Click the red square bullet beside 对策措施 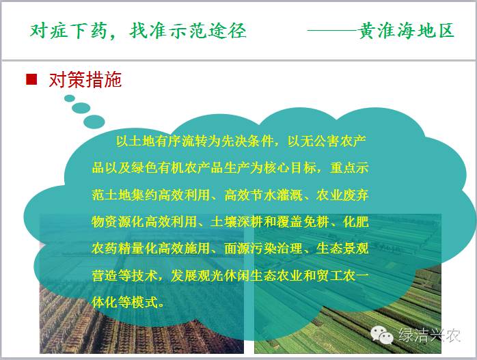(x=31, y=79)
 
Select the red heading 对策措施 (x=85, y=80)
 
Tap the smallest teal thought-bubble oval (x=70, y=98)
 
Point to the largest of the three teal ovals (x=94, y=122)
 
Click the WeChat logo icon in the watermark (x=382, y=335)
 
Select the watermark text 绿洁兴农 (x=429, y=335)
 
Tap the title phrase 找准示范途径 (x=188, y=31)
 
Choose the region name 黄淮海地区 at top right (x=406, y=31)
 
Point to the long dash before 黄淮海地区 (x=333, y=31)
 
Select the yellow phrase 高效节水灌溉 (x=264, y=195)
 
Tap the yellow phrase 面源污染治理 (x=264, y=249)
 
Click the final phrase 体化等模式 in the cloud (x=125, y=302)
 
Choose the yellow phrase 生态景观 (x=342, y=249)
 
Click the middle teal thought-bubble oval (x=81, y=108)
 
